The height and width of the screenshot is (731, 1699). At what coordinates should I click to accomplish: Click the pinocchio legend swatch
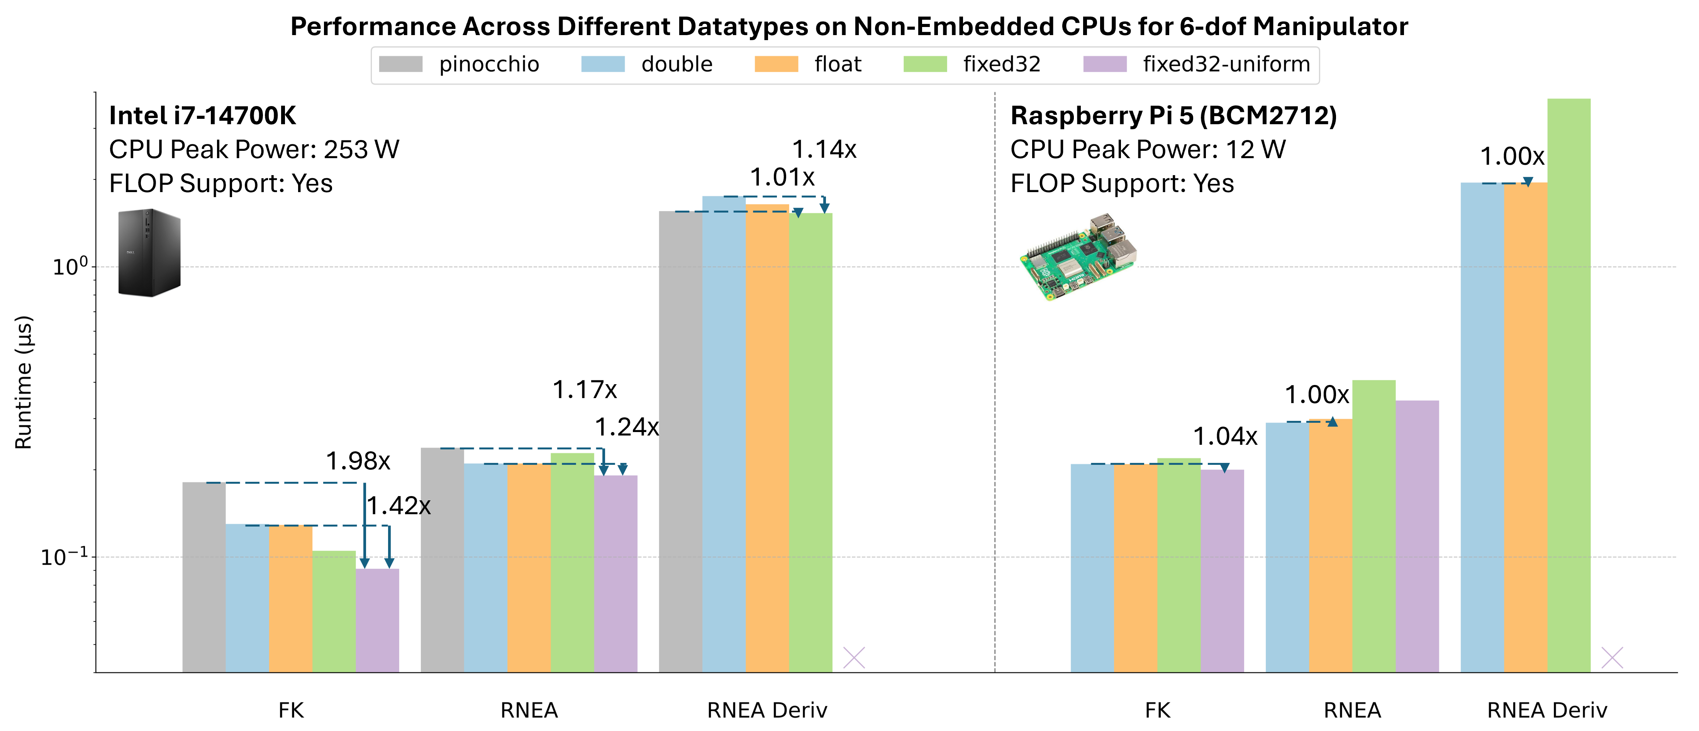coord(400,64)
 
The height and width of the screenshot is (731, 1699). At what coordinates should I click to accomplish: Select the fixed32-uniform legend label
coord(1226,64)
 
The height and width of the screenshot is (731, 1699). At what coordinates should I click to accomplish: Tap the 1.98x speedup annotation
coord(358,461)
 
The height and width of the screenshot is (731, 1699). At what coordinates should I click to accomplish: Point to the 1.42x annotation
coord(398,506)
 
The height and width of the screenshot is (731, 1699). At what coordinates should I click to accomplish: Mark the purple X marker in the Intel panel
coord(854,657)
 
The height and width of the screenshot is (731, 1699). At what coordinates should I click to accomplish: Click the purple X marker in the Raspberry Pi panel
coord(1612,657)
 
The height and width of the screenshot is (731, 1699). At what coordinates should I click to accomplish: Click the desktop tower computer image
coord(149,253)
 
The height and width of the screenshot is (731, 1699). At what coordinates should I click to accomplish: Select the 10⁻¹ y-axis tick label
coord(64,557)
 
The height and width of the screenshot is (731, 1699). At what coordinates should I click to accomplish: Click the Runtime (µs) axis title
coord(24,382)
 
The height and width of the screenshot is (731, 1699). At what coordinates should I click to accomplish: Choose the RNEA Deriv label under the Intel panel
coord(767,710)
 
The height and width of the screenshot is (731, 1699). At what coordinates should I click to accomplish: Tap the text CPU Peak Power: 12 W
coord(1148,150)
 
